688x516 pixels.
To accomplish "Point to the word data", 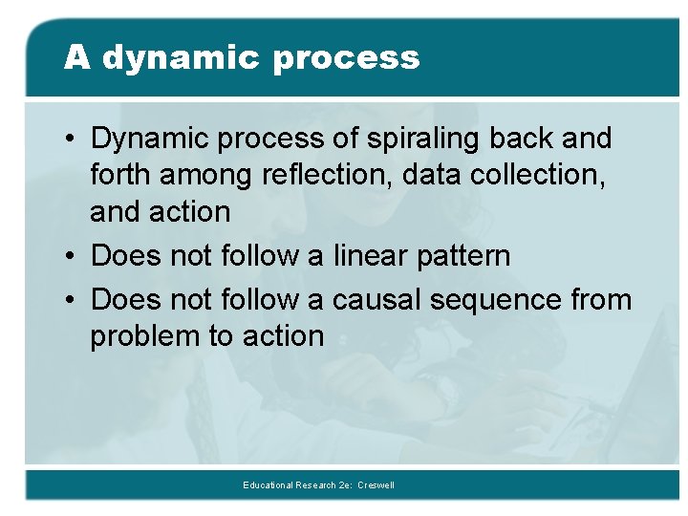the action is click(x=435, y=176).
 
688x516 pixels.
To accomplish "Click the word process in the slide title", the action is click(x=345, y=58).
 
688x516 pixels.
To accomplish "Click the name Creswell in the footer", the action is click(x=376, y=485).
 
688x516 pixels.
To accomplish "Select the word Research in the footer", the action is click(x=319, y=485).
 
